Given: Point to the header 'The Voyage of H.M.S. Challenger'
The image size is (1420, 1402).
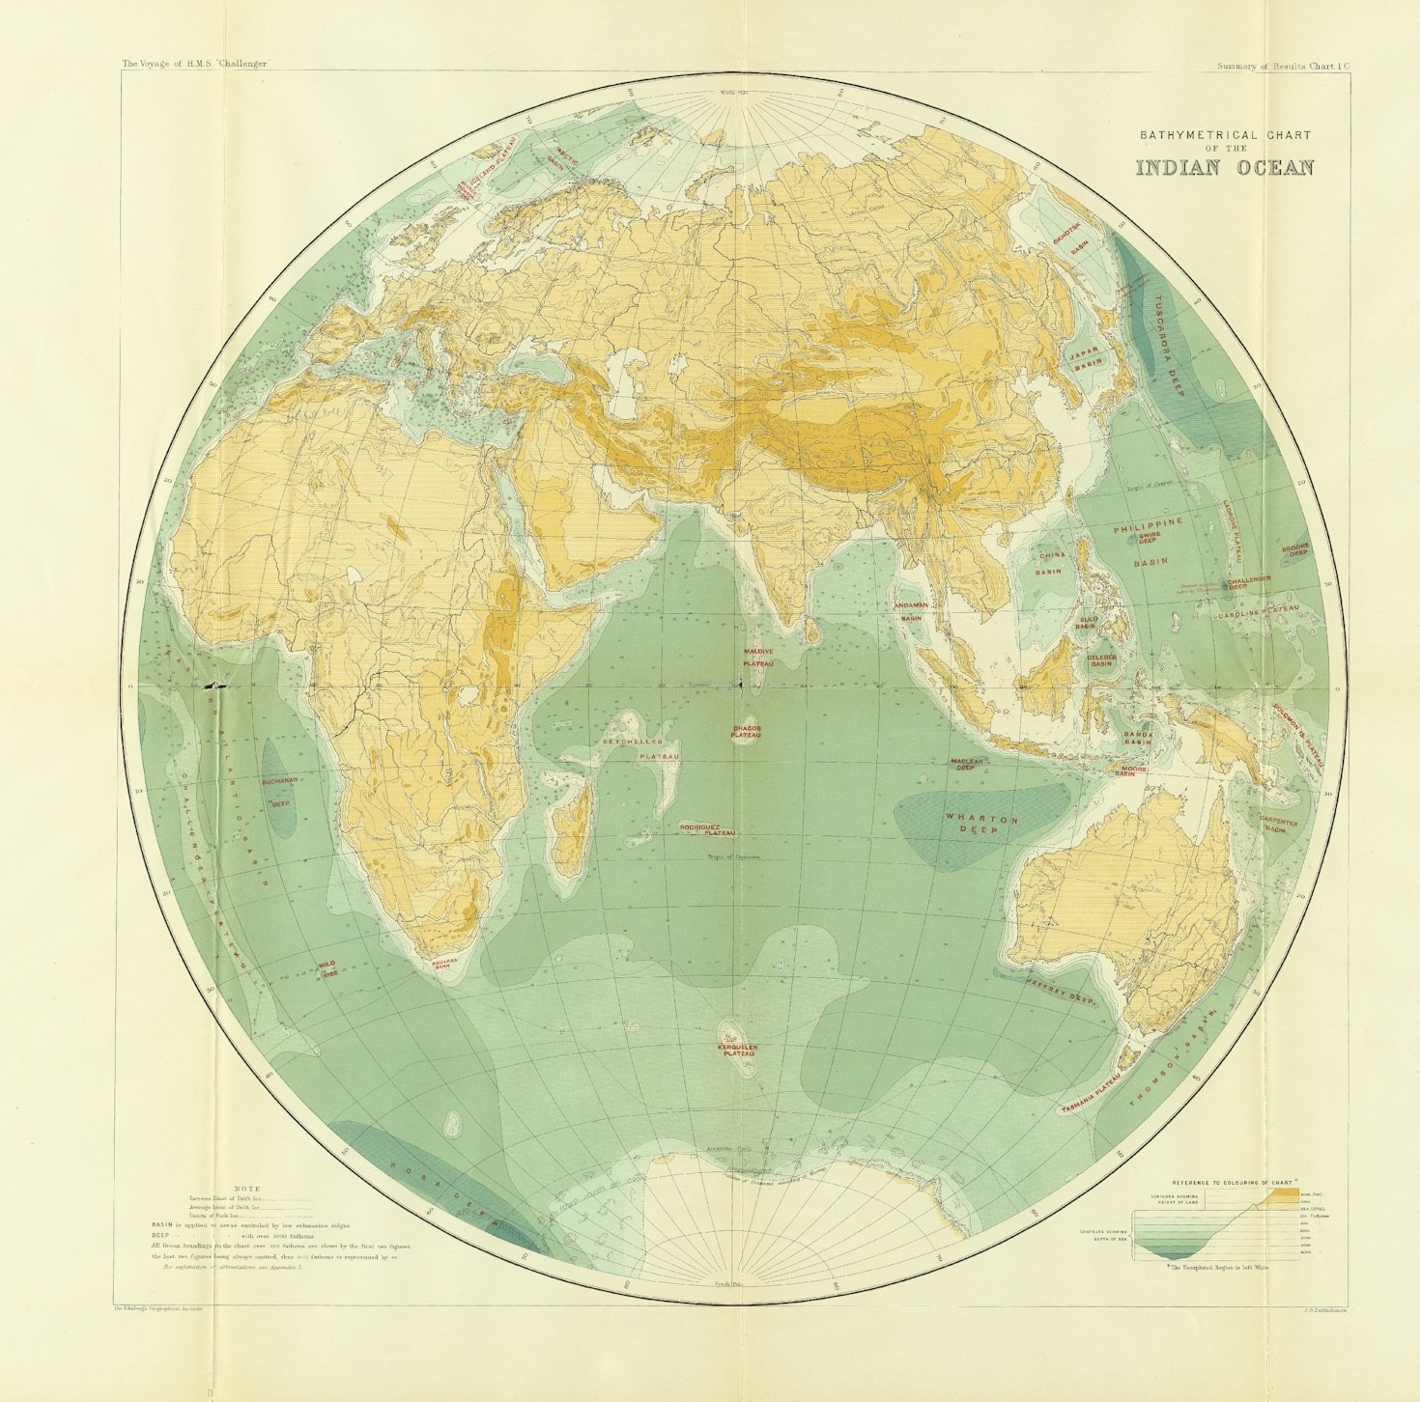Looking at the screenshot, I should [194, 64].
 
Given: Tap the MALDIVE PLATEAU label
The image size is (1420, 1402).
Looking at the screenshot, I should [758, 658].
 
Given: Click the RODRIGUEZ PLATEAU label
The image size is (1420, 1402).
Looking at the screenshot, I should [708, 829].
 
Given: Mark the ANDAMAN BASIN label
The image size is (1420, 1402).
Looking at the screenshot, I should [911, 610].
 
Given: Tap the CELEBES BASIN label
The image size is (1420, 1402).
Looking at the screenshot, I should [1101, 659].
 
